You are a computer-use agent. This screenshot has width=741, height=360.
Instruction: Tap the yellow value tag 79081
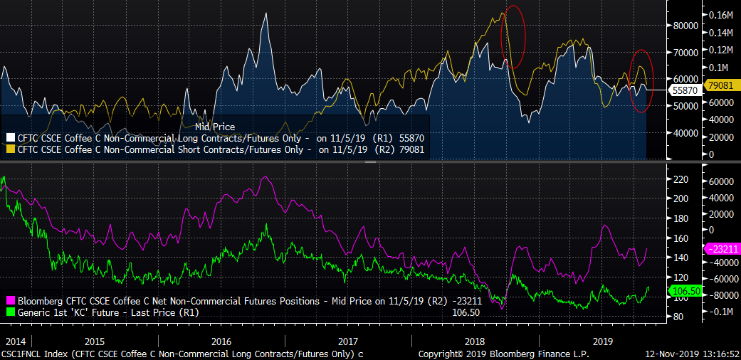coord(721,85)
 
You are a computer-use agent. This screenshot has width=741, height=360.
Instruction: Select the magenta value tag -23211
coord(720,249)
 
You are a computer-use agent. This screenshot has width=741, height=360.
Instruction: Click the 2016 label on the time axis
coord(221,340)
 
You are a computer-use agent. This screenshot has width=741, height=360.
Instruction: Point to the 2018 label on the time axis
coord(473,340)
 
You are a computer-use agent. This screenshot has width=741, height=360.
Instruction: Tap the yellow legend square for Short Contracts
coord(11,149)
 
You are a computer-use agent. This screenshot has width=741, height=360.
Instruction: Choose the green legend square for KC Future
coord(11,312)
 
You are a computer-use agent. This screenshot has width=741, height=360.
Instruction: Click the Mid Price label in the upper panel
coord(215,127)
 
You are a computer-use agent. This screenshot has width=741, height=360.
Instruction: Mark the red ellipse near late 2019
coord(642,81)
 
